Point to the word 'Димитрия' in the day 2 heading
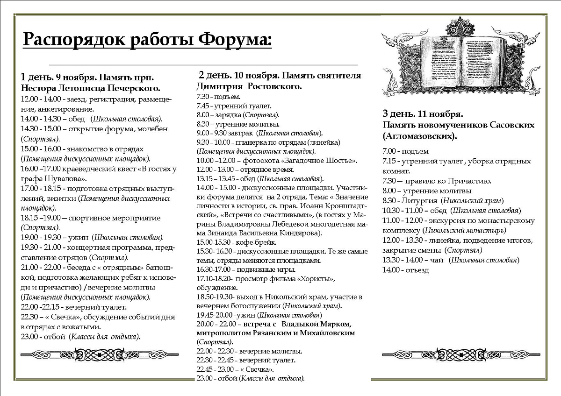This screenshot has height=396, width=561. pos(219,87)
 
